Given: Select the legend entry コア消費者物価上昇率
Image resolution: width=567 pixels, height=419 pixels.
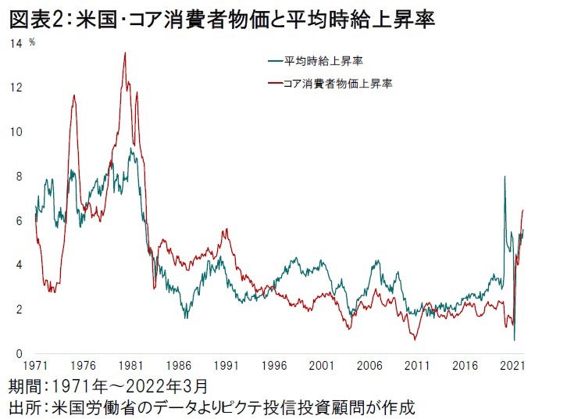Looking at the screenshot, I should pyautogui.click(x=340, y=83).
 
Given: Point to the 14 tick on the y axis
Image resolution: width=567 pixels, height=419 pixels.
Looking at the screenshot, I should pyautogui.click(x=16, y=43).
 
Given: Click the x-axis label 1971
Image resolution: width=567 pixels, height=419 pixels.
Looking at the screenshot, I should pyautogui.click(x=36, y=366).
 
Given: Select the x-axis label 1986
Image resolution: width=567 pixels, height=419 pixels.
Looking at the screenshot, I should pyautogui.click(x=179, y=366).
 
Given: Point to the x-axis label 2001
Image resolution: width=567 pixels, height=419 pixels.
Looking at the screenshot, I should pyautogui.click(x=322, y=366).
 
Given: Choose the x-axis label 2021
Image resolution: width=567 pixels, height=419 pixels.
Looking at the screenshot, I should pyautogui.click(x=512, y=366).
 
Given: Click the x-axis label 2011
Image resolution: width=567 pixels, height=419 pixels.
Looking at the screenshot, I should pyautogui.click(x=417, y=366).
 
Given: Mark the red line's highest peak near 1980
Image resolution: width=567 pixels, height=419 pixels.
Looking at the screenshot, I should pyautogui.click(x=125, y=53).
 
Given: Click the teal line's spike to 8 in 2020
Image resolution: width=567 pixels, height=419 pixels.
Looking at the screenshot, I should pyautogui.click(x=505, y=177).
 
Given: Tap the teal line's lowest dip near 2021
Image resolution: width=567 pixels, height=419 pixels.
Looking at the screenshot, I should pyautogui.click(x=514, y=339).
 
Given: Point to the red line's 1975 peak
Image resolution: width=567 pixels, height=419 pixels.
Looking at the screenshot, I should pyautogui.click(x=74, y=95).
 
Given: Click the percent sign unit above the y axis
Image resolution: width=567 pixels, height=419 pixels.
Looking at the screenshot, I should pyautogui.click(x=32, y=41).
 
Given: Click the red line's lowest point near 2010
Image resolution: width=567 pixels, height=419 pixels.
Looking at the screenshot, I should pyautogui.click(x=415, y=339).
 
